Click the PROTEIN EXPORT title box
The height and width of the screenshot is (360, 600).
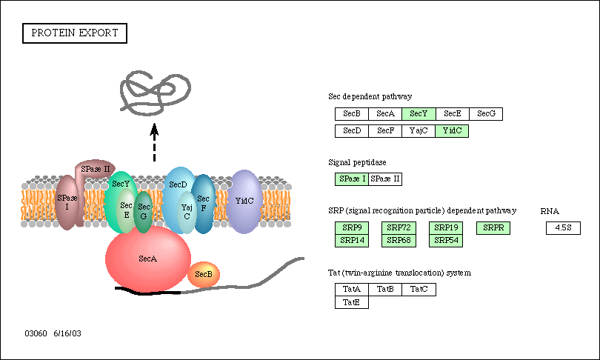pos(75,33)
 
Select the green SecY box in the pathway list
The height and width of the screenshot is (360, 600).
pos(419,114)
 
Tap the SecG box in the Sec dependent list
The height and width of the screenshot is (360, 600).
pos(486,114)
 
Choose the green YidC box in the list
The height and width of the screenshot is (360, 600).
pos(452,131)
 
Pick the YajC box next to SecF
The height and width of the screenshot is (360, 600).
pos(419,131)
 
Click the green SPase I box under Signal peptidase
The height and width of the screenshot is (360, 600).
pos(352,179)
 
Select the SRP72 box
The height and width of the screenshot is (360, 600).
pos(399,228)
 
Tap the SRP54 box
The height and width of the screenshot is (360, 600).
pos(446,241)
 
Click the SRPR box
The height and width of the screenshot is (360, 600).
pos(493,228)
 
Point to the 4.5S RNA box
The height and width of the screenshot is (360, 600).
pos(563,228)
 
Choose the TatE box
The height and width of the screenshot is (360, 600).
pos(352,302)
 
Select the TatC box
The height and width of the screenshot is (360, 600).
pos(419,290)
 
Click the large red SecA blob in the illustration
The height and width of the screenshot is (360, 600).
pos(147,259)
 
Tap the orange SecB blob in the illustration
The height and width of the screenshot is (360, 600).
pos(204,274)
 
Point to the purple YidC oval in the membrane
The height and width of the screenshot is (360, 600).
pos(244,201)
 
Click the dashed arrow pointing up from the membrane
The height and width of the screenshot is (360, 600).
pos(154,142)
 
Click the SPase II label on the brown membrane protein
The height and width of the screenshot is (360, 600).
pos(96,169)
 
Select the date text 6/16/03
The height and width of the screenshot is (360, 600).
pos(67,333)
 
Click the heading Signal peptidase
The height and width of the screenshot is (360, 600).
pos(357,163)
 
